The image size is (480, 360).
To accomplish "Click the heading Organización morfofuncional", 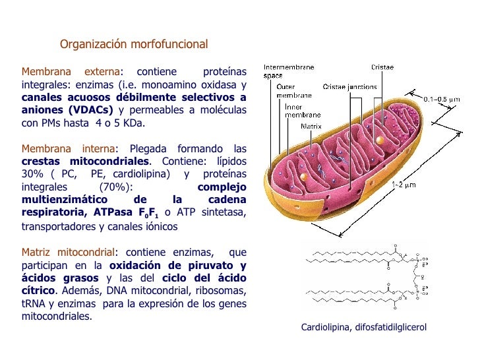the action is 134,45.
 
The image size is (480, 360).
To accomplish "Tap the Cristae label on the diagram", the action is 382,67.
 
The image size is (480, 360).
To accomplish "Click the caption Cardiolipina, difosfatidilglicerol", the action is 364,328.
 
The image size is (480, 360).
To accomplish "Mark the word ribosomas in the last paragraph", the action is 224,291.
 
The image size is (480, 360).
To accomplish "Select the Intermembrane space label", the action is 289,71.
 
